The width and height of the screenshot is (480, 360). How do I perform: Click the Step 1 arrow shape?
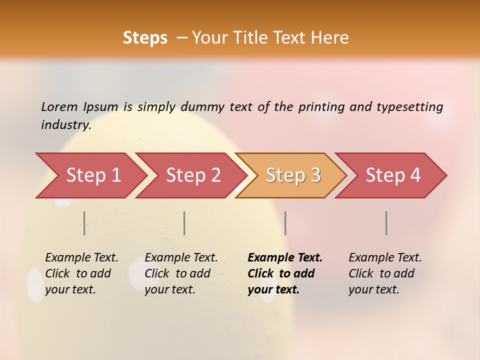pyautogui.click(x=93, y=175)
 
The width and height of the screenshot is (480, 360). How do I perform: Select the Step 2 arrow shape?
pyautogui.click(x=193, y=175)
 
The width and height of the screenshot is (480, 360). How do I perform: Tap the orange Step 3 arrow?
pyautogui.click(x=293, y=175)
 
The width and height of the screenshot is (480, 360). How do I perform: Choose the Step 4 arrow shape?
pyautogui.click(x=393, y=175)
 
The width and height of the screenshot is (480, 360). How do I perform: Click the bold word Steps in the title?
pyautogui.click(x=145, y=38)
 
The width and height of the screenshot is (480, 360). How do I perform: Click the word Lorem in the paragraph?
pyautogui.click(x=59, y=107)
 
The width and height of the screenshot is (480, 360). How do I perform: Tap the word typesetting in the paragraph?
pyautogui.click(x=409, y=107)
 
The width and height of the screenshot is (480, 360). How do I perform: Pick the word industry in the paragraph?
pyautogui.click(x=66, y=125)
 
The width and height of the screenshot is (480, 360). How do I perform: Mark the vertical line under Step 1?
pyautogui.click(x=84, y=223)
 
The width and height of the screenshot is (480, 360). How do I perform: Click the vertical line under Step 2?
pyautogui.click(x=184, y=223)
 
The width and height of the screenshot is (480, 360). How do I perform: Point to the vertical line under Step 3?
pyautogui.click(x=285, y=223)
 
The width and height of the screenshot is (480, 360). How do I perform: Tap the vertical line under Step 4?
pyautogui.click(x=386, y=223)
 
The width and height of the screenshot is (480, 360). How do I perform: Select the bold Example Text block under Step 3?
pyautogui.click(x=285, y=273)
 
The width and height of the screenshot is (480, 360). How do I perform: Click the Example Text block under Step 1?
pyautogui.click(x=81, y=273)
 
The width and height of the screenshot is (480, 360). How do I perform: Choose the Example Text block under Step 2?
pyautogui.click(x=181, y=273)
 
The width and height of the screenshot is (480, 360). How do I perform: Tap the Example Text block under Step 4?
pyautogui.click(x=385, y=273)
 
